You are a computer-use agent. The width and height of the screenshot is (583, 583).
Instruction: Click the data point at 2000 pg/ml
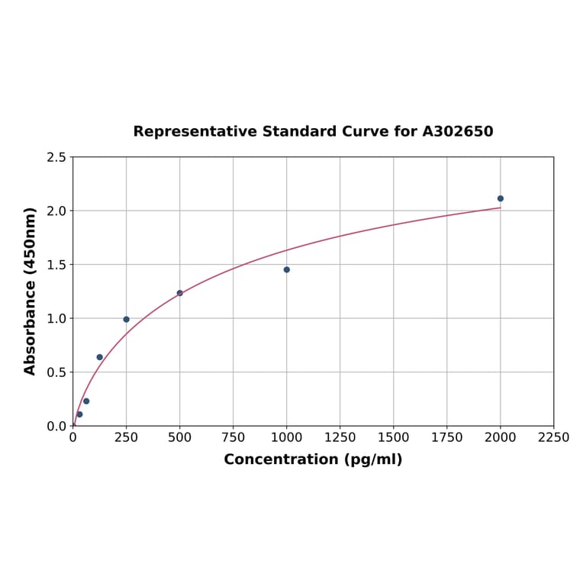[501, 198]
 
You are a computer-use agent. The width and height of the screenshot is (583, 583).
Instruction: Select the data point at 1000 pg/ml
[287, 269]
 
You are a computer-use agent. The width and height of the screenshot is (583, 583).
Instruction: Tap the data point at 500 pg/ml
[180, 293]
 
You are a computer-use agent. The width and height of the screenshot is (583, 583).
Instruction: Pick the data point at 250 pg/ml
[127, 320]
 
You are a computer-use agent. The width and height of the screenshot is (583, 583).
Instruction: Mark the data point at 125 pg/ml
[100, 357]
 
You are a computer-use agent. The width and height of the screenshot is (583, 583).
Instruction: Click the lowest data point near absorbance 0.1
[79, 414]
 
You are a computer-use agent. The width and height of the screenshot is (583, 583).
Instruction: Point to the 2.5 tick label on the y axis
[56, 157]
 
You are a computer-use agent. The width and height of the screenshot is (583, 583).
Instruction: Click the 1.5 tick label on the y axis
[56, 265]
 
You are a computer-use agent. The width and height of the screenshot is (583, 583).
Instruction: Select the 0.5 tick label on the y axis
[56, 372]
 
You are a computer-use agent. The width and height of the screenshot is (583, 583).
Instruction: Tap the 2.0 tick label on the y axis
[56, 211]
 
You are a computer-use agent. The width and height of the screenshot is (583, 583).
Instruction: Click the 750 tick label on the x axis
[234, 437]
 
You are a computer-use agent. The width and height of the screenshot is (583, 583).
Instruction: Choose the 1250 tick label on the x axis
[340, 437]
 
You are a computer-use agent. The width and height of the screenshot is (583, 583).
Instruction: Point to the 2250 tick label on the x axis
[554, 437]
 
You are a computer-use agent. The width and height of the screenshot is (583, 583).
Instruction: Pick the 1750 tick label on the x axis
[447, 437]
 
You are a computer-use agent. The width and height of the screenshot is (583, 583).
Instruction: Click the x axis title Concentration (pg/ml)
[313, 459]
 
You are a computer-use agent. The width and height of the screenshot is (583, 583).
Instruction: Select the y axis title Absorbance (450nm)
[31, 291]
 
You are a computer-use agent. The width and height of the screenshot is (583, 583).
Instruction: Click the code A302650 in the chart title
[458, 131]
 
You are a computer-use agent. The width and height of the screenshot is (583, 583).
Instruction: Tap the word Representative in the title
[195, 131]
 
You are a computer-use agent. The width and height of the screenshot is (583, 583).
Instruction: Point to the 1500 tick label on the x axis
[394, 437]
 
